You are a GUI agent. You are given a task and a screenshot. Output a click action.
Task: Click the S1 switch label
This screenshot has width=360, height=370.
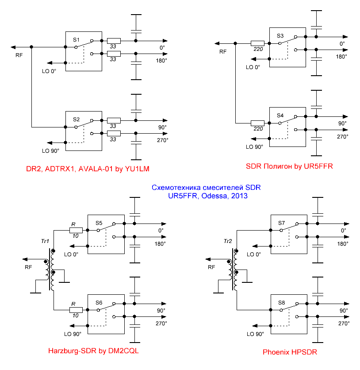pyautogui.click(x=77, y=39)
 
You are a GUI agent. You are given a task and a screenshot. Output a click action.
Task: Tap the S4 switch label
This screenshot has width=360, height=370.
pyautogui.click(x=280, y=115)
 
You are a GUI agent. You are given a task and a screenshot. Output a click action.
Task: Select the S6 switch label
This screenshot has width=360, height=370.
pyautogui.click(x=99, y=302)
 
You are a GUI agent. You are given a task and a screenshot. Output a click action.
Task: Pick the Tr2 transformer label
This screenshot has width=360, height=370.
pyautogui.click(x=227, y=241)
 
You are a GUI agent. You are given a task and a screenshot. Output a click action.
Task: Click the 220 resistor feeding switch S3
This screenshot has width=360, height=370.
pyautogui.click(x=257, y=43)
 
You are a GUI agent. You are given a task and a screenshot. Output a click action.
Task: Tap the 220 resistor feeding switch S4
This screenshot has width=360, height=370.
pyautogui.click(x=257, y=123)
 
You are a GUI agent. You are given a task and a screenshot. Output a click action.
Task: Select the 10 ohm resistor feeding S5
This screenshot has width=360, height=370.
pyautogui.click(x=76, y=230)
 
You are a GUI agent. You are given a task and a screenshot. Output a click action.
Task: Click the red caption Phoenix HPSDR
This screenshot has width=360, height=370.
pyautogui.click(x=290, y=353)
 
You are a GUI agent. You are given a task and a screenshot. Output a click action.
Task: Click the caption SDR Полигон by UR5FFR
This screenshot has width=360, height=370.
pyautogui.click(x=289, y=166)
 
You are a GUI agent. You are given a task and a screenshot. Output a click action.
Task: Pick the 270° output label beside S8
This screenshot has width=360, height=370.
pyautogui.click(x=343, y=324)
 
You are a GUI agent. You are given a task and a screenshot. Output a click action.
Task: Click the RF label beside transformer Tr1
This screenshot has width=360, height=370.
pyautogui.click(x=28, y=267)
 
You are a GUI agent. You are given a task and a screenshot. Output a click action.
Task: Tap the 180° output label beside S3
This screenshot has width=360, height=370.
pyautogui.click(x=341, y=57)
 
